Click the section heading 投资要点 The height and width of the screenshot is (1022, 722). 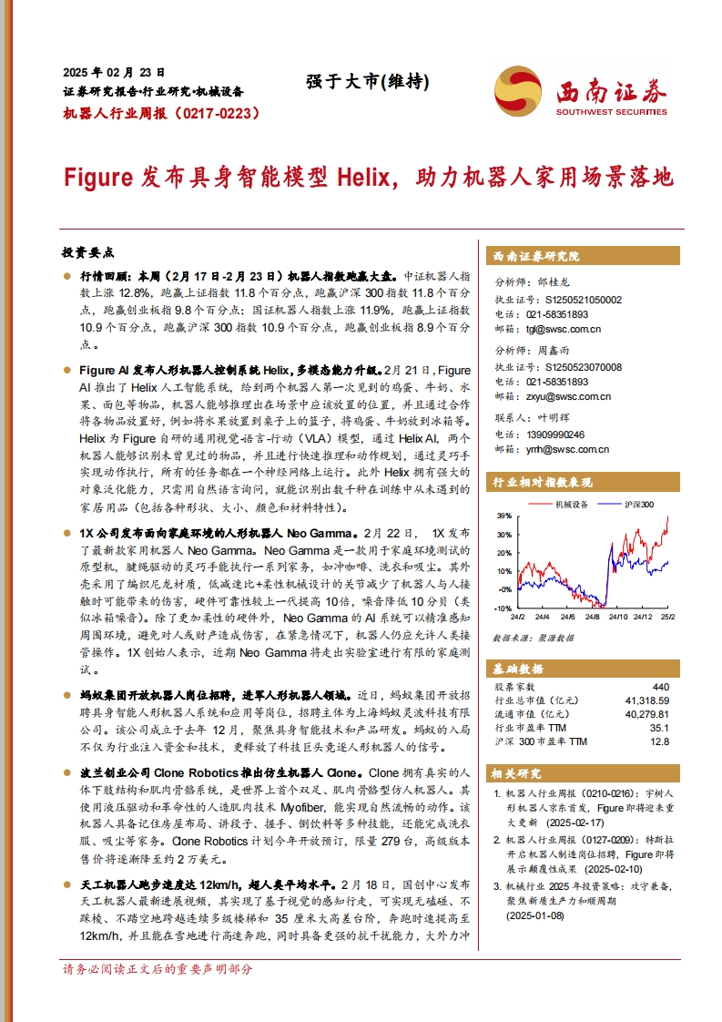point(86,251)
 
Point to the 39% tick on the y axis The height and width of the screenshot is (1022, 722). point(503,516)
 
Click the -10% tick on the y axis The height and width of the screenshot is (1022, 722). point(503,607)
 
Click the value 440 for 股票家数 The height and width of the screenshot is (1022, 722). point(660,687)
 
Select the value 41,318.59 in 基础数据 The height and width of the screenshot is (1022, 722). point(647,700)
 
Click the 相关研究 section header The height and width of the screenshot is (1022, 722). point(516,772)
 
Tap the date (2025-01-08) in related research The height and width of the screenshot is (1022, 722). point(540,916)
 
